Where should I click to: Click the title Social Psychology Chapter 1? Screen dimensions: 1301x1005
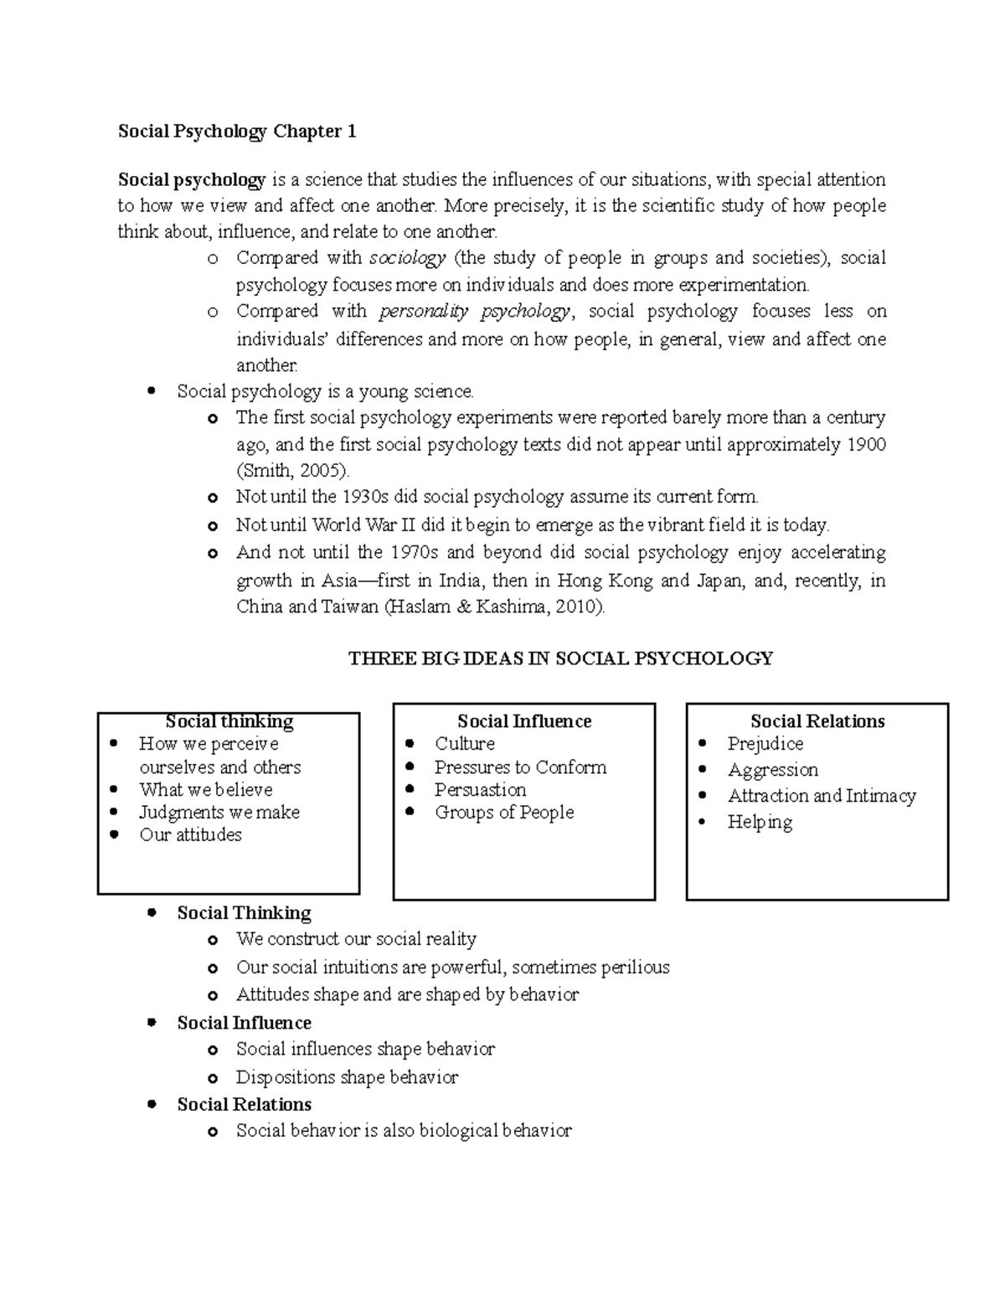[237, 132]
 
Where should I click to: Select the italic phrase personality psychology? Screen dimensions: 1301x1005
[475, 312]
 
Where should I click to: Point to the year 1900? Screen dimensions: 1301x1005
[865, 444]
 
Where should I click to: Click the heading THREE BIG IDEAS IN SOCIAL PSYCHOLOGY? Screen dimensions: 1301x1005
[560, 658]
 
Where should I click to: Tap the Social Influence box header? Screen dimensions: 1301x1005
[524, 721]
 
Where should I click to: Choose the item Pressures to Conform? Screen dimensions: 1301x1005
[519, 767]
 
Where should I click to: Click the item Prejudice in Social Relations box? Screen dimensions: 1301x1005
[765, 744]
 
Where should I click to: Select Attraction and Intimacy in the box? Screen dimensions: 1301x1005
[821, 796]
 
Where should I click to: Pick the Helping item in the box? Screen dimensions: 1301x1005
[760, 822]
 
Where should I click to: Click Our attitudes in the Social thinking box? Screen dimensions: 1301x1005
[190, 835]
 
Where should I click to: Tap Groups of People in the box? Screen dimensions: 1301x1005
[503, 813]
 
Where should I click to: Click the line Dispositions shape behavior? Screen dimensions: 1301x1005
[347, 1077]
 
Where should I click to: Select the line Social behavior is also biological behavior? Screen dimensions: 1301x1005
[404, 1131]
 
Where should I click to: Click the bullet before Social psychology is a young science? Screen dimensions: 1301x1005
[151, 390]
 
